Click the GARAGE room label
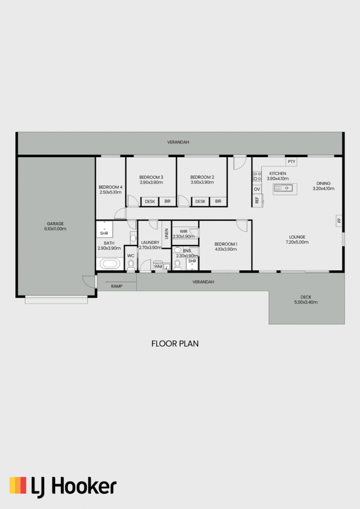[x=55, y=224]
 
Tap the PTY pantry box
[x=291, y=162]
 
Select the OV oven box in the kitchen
[x=257, y=189]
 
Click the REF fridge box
[x=257, y=200]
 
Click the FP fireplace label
[x=339, y=221]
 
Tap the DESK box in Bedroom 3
[x=150, y=202]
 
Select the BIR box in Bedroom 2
[x=218, y=201]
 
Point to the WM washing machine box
[x=158, y=266]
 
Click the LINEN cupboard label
[x=167, y=234]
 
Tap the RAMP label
[x=116, y=286]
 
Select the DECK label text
[x=306, y=297]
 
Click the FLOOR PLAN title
[x=175, y=343]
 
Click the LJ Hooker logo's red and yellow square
[x=18, y=485]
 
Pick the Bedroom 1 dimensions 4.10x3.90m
[x=226, y=250]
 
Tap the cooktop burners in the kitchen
[x=257, y=176]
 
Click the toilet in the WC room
[x=131, y=265]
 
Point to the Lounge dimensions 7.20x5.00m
[x=297, y=242]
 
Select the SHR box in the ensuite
[x=192, y=262]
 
